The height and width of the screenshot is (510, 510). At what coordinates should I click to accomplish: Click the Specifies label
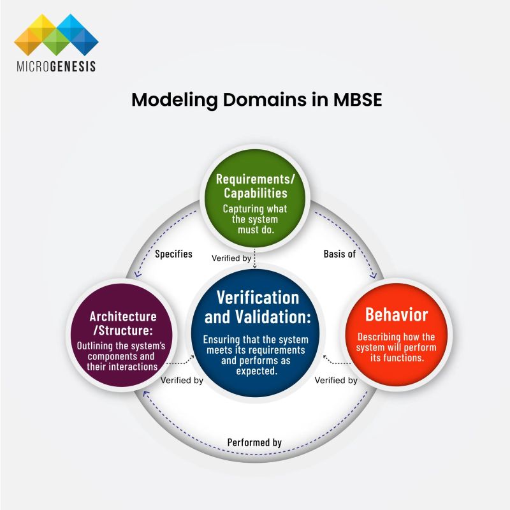pyautogui.click(x=173, y=254)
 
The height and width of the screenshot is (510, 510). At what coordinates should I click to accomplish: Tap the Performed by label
pyautogui.click(x=255, y=442)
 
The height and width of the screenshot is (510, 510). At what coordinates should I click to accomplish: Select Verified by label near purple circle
pyautogui.click(x=182, y=381)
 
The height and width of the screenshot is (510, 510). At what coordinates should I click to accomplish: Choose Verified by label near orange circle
pyautogui.click(x=337, y=381)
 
